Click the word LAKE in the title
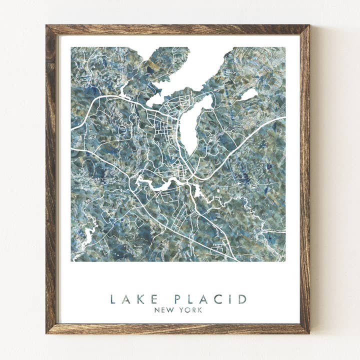(x=134, y=299)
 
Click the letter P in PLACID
(x=177, y=299)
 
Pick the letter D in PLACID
(x=242, y=299)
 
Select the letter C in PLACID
(x=218, y=299)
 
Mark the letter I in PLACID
(x=231, y=299)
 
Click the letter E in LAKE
(x=154, y=299)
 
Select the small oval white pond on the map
(x=249, y=94)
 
